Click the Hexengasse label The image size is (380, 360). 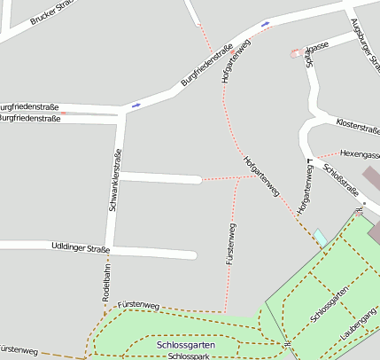pos(360,153)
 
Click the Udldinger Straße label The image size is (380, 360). pos(80,248)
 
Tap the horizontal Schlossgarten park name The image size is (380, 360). pos(185,344)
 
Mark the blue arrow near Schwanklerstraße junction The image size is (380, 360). pos(136,106)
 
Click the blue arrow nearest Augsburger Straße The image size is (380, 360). pos(265,24)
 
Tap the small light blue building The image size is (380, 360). pos(319,237)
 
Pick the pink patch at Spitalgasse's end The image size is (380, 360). pos(294,53)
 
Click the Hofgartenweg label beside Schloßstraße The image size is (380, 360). pos(305,188)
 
